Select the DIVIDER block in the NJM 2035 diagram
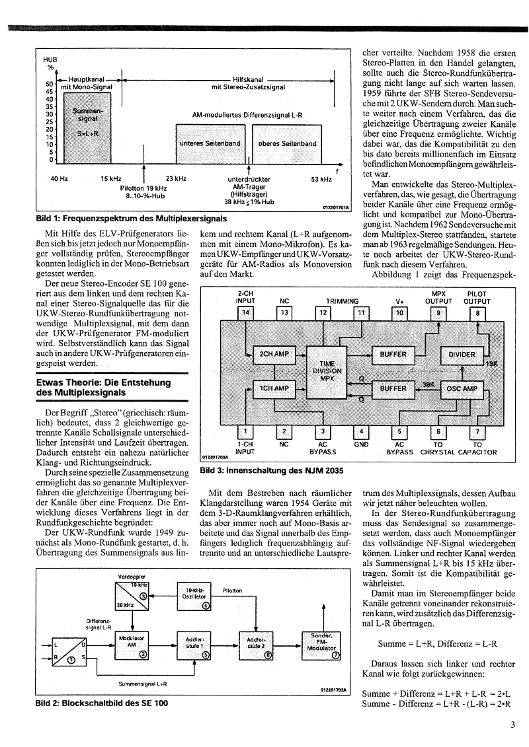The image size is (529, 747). pos(462,355)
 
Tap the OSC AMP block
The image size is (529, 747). pos(462,388)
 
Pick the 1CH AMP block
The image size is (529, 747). pos(273,388)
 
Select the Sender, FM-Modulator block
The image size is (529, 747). pos(322,645)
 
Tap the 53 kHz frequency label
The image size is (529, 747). pos(321,178)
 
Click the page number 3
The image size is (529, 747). pos(512,725)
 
